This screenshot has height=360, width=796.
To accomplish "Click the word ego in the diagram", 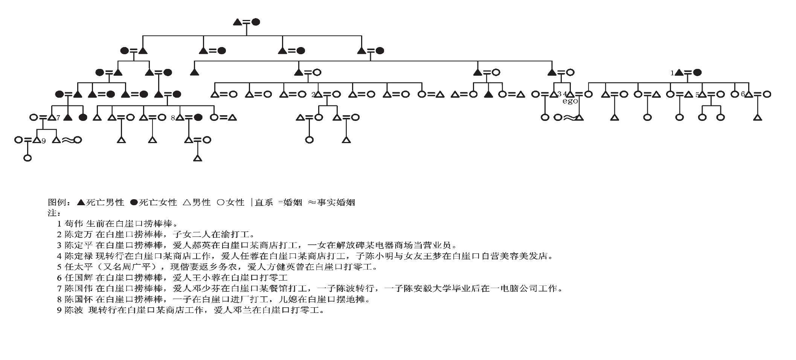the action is click(x=570, y=101).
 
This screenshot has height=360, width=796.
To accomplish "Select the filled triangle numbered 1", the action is click(x=679, y=73).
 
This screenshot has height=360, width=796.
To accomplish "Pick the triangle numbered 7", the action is click(x=52, y=117).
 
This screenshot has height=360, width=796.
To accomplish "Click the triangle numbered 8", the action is click(x=180, y=117).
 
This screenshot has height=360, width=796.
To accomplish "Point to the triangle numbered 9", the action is click(x=37, y=140).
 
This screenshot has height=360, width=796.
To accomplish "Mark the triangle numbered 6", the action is click(x=749, y=94).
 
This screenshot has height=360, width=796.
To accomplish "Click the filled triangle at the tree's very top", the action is click(x=238, y=22).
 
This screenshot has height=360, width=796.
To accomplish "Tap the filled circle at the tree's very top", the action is click(x=256, y=22).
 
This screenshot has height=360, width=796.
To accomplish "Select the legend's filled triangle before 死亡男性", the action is click(x=81, y=202).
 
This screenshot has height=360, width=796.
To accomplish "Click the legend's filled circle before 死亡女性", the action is click(x=134, y=203).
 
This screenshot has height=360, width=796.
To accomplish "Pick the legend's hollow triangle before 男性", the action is click(x=187, y=202).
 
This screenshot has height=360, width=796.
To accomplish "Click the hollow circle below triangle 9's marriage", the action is click(x=27, y=158).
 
